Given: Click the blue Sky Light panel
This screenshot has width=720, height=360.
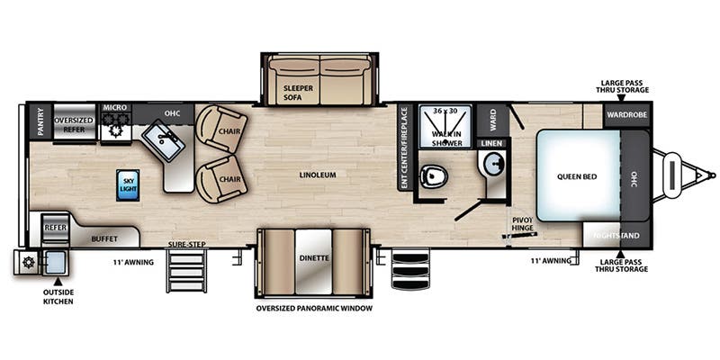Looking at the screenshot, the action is tap(128, 185).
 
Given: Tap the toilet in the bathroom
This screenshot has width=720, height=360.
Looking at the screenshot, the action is tap(434, 175).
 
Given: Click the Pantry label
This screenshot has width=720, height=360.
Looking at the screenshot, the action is tap(40, 121).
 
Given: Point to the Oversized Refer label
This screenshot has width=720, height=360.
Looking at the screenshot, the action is tap(74, 125).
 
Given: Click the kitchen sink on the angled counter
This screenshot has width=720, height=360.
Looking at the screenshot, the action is tap(164, 139).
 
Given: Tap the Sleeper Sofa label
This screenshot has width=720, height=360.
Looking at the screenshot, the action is tap(298, 92).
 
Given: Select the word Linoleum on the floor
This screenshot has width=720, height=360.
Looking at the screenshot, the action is tap(318, 175).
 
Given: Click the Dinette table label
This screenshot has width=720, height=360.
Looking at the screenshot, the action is tap(314, 258).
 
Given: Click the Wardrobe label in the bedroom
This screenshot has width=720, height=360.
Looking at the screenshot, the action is tap(626, 114).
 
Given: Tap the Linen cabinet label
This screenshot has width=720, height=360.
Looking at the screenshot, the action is tap(492, 144).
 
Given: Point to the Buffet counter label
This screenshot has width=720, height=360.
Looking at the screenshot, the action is tap(104, 239).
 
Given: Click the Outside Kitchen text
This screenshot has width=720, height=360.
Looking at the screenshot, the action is tap(58, 297).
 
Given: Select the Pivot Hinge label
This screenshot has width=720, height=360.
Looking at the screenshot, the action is tap(523, 223).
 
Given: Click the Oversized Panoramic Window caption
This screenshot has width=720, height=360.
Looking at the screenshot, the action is tap(314, 308).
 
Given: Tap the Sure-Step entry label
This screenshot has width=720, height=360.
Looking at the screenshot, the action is tap(186, 244).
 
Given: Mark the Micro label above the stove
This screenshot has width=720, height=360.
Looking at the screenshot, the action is tap(115, 107).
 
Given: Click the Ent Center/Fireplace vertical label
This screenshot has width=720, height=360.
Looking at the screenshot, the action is tap(404, 148).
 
